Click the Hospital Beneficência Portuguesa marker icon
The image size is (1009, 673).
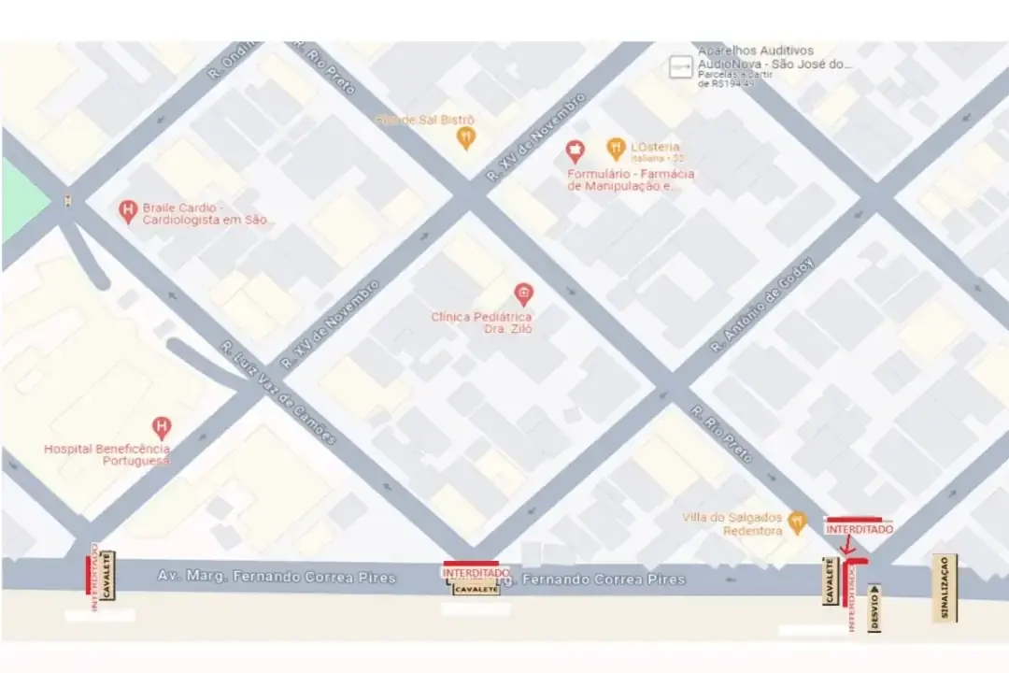click(x=162, y=428)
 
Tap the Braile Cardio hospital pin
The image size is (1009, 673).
click(x=128, y=211)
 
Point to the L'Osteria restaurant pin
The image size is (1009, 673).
click(x=615, y=148)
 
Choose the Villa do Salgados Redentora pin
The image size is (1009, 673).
click(x=797, y=523)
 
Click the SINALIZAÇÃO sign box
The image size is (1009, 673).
click(x=944, y=588)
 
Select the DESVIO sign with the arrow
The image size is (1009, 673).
click(x=874, y=608)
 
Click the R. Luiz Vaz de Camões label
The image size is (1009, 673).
click(x=278, y=393)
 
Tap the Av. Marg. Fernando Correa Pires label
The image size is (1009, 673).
click(x=277, y=578)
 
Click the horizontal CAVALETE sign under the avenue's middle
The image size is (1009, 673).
click(x=476, y=589)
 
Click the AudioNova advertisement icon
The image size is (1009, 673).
click(x=680, y=65)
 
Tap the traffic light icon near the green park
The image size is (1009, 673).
click(x=66, y=199)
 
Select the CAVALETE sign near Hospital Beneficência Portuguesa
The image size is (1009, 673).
click(x=107, y=575)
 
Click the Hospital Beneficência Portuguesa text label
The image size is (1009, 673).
click(x=107, y=455)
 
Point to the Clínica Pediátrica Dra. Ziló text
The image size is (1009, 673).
click(x=481, y=322)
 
